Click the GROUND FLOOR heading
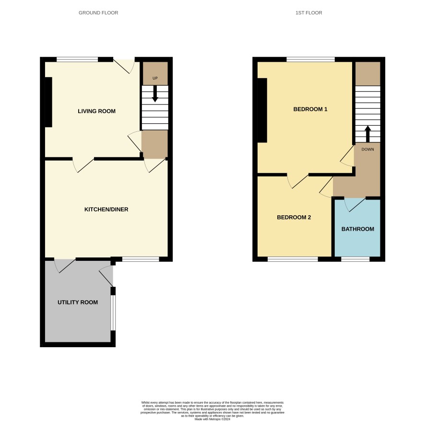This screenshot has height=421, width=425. tap(98, 13)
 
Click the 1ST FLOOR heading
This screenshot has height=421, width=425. tap(309, 13)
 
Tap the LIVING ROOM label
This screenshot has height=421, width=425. tap(96, 111)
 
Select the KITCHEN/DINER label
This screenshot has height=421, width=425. tap(106, 210)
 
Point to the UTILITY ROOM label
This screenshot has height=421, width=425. tap(78, 303)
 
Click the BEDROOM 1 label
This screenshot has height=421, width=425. tap(310, 109)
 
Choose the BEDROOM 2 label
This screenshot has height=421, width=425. tap(294, 217)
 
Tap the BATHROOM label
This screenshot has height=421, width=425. tap(358, 229)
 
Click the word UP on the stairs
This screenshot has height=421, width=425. tap(155, 78)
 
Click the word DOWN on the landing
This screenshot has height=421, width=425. tap(367, 149)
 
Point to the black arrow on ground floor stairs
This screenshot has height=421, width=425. tap(155, 94)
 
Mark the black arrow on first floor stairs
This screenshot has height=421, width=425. tap(367, 134)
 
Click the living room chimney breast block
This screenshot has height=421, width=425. tap(48, 102)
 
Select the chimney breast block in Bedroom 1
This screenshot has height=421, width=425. tap(262, 110)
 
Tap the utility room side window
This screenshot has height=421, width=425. tap(113, 313)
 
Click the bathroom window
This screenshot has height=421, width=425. tap(355, 259)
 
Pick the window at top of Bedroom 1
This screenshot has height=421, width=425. tap(311, 59)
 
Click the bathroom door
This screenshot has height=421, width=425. tap(355, 205)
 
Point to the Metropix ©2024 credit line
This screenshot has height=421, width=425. tap(212, 419)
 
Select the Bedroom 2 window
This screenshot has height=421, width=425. tap(293, 259)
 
